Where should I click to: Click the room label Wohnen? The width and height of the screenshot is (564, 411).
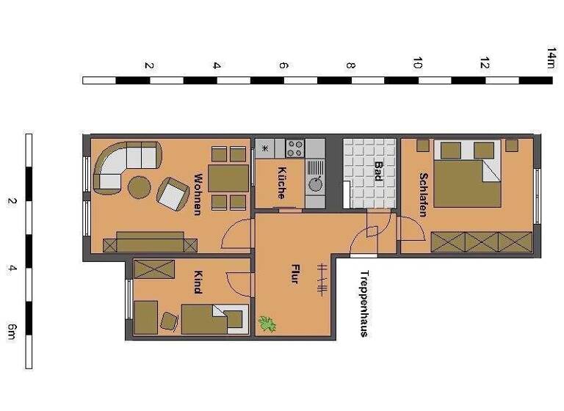pos(197,194)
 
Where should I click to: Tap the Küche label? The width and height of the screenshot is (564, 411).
pos(281,183)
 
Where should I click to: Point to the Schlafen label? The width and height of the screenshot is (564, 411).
pos(423,194)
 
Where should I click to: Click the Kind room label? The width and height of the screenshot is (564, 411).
pos(197,283)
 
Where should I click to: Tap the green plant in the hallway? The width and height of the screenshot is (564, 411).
pos(266,322)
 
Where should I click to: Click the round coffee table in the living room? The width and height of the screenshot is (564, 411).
pos(140,188)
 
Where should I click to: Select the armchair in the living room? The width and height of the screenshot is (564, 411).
pos(173,194)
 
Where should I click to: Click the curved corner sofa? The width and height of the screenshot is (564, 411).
pos(117,166)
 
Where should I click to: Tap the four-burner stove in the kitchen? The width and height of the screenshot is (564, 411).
pos(295,148)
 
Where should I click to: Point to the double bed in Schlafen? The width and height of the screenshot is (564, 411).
pos(467,174)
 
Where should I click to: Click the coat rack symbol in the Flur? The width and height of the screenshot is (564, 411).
pos(320,279)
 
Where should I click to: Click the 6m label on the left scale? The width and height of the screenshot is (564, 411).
pos(11,331)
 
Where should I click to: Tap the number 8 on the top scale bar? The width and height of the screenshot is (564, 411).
pos(351,65)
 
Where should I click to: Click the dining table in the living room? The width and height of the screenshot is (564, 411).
pos(228,178)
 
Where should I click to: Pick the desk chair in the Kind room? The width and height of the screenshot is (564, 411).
pos(168,321)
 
